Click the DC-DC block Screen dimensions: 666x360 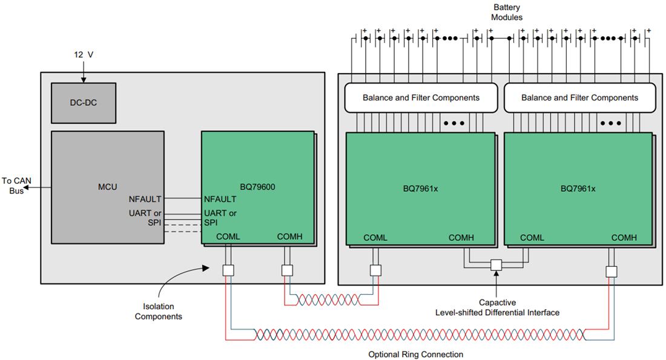(x=84, y=103)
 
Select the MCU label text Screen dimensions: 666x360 (x=107, y=187)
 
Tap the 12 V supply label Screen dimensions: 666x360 (x=84, y=55)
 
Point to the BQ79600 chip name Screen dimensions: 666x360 (x=257, y=187)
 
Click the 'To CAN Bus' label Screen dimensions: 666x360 (x=16, y=186)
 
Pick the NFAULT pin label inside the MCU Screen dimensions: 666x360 (x=145, y=199)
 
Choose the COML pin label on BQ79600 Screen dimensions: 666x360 (x=228, y=237)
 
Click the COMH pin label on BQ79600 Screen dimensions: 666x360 (x=289, y=237)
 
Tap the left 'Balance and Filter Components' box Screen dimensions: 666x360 (x=421, y=97)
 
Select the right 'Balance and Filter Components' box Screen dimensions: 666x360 (x=580, y=97)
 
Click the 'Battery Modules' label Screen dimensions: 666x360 (x=507, y=12)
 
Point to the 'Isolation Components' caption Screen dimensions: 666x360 (x=159, y=311)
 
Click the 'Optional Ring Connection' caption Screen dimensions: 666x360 (x=416, y=355)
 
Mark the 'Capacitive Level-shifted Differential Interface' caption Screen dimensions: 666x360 (x=497, y=308)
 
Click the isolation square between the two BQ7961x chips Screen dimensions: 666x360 (x=496, y=265)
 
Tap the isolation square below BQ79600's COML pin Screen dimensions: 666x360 (x=228, y=270)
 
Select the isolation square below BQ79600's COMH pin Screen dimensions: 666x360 (x=287, y=270)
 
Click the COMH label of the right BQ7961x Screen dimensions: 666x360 (x=624, y=238)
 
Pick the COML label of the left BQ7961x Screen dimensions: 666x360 (x=375, y=238)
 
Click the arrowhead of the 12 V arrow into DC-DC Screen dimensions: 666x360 (x=84, y=80)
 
